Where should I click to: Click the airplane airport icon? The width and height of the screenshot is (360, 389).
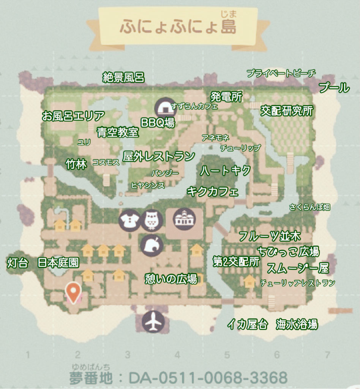[x=153, y=323]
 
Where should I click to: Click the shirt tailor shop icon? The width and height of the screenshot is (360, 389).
[x=129, y=220]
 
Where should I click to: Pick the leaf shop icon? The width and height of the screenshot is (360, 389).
[x=152, y=245]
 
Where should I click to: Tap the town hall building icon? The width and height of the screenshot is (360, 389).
[x=184, y=218]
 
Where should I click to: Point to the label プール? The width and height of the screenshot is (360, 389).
[x=334, y=88]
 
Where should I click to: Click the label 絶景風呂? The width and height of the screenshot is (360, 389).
[x=123, y=77]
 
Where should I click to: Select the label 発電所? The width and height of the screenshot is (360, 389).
[x=226, y=96]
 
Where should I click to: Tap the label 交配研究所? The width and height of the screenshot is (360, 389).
[x=287, y=111]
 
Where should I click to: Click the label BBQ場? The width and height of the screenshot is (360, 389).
[x=158, y=122]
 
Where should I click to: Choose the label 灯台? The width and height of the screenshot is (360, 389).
[x=17, y=262]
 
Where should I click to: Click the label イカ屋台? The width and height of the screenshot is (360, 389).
[x=247, y=324]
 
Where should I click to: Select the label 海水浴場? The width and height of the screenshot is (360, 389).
[x=297, y=324]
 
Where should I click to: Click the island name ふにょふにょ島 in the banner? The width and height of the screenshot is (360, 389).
[x=178, y=27]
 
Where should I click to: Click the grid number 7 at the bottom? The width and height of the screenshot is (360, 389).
[x=327, y=355]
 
